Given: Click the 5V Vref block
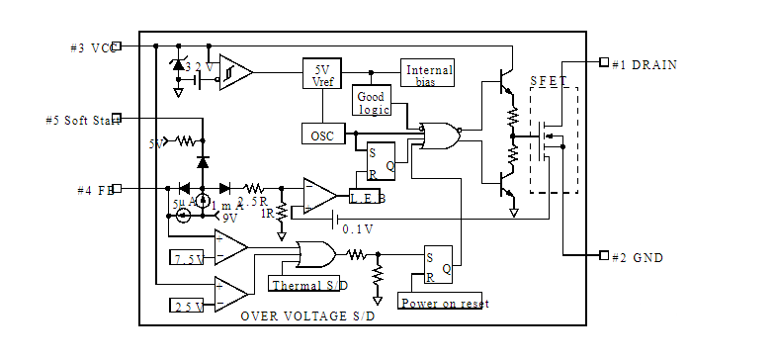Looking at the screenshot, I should point(321,75).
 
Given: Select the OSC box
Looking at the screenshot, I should point(321,133).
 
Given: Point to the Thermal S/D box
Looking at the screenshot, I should point(309,285).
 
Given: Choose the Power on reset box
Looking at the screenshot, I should point(443,302).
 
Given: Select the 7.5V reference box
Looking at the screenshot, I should point(188,259).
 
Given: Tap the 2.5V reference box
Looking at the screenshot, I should point(188,306).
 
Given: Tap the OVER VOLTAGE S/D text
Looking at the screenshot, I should point(308,315).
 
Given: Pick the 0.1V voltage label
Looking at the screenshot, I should point(357,228).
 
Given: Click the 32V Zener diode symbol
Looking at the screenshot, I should point(178,64).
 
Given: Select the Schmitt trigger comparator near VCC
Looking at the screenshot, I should point(234,72).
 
